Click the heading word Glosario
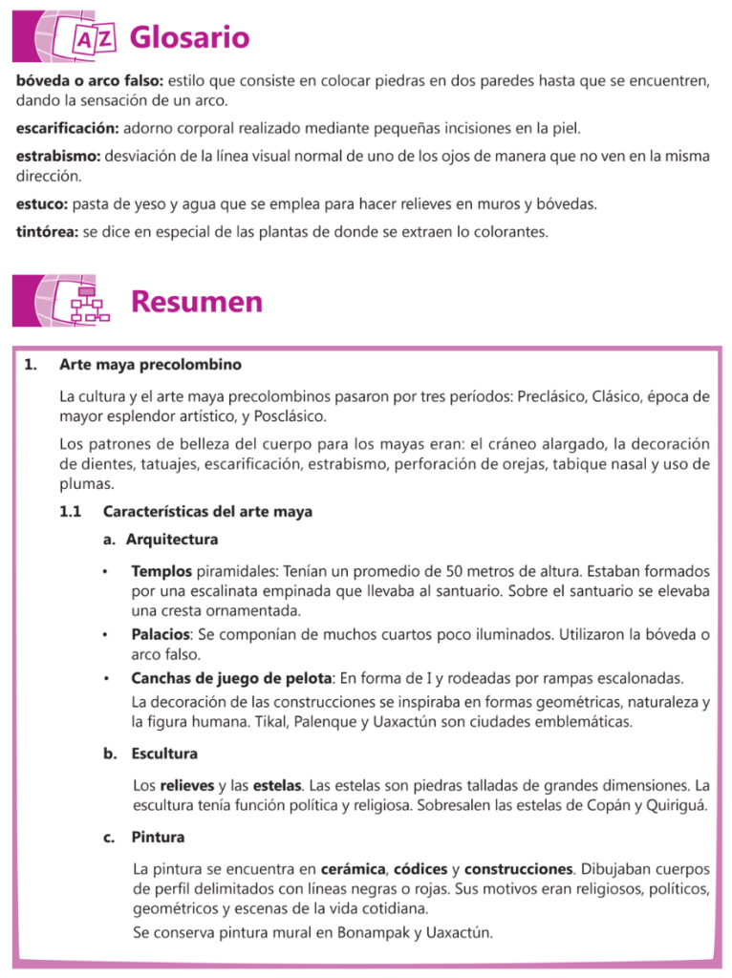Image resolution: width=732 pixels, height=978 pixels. (189, 38)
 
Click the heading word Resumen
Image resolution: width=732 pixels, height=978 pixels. (196, 302)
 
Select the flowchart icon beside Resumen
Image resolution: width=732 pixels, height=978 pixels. (90, 304)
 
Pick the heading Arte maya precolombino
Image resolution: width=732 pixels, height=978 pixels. (150, 365)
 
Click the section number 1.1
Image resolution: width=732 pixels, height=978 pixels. (70, 512)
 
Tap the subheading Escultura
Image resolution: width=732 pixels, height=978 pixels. (164, 754)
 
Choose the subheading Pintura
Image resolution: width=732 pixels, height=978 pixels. (158, 838)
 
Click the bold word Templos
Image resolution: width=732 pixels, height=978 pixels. (161, 571)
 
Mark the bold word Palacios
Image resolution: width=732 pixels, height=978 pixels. (161, 635)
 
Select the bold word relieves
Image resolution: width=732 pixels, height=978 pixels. (187, 785)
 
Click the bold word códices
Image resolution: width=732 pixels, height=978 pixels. (423, 870)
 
